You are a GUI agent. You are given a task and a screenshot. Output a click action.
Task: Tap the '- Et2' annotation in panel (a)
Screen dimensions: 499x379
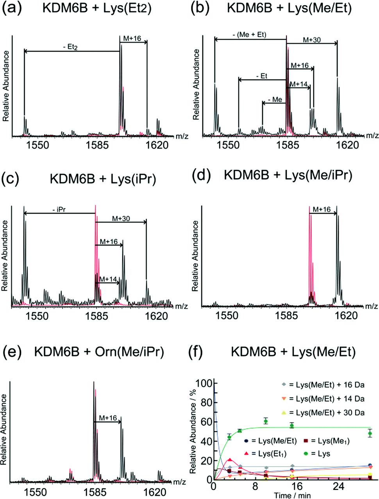pyautogui.click(x=70, y=47)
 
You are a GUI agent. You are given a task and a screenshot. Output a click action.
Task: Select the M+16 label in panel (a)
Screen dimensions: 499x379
pyautogui.click(x=132, y=38)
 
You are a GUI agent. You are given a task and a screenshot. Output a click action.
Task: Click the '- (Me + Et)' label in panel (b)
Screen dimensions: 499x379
pyautogui.click(x=252, y=35)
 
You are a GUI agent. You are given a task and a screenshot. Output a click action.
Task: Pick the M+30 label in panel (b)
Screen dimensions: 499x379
pyautogui.click(x=311, y=39)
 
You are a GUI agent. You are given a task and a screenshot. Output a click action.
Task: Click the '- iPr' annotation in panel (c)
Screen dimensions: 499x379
pyautogui.click(x=59, y=210)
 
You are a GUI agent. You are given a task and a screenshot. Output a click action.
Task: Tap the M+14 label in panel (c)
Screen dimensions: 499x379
pyautogui.click(x=108, y=279)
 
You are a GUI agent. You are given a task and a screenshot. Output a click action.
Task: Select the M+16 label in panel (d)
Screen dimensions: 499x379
pyautogui.click(x=322, y=210)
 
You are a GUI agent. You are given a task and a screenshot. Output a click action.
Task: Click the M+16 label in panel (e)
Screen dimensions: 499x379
pyautogui.click(x=108, y=418)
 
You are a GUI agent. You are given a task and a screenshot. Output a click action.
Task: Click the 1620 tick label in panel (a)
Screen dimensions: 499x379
pyautogui.click(x=157, y=145)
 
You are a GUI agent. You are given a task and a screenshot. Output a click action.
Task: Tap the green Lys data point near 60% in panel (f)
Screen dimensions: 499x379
pyautogui.click(x=266, y=421)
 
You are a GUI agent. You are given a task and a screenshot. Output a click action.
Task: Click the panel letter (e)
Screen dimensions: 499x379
pyautogui.click(x=11, y=352)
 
